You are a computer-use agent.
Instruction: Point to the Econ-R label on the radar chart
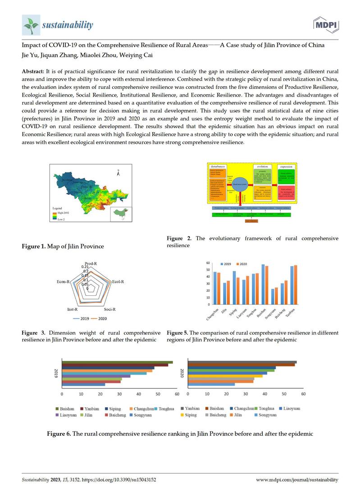[x=63, y=282]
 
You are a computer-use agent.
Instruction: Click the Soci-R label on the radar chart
[x=110, y=309]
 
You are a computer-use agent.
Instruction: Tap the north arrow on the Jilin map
[x=118, y=172]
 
